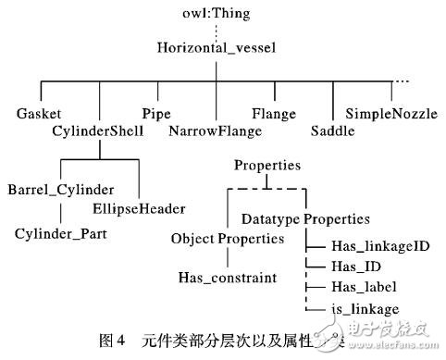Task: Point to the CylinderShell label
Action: (97, 131)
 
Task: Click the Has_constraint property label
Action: (225, 276)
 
